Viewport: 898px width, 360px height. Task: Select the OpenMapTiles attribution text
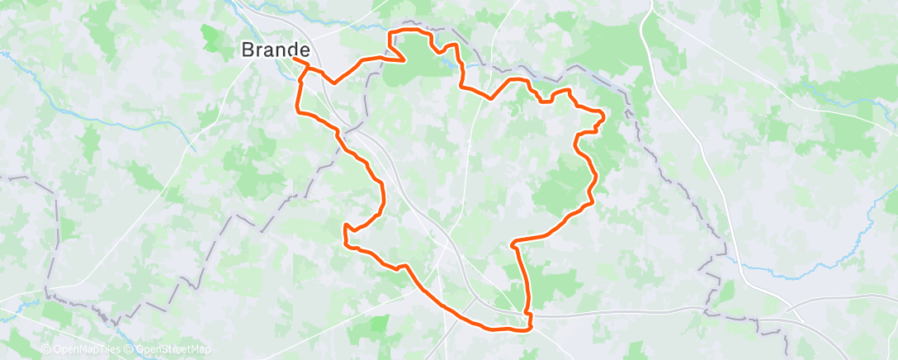[x=85, y=350]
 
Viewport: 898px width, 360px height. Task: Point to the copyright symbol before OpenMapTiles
[x=46, y=350]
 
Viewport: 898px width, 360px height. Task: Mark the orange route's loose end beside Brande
[x=295, y=58]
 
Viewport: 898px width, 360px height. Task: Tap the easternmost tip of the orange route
[x=603, y=116]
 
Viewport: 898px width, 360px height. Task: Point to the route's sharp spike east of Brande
[x=403, y=59]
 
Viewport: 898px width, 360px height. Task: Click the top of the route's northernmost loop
[x=409, y=30]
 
